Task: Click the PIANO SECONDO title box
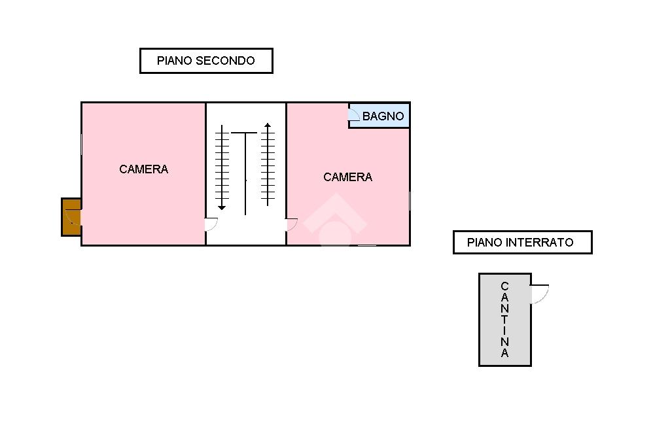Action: (206, 61)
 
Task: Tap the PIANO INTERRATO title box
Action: (522, 242)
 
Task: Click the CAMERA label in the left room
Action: (144, 169)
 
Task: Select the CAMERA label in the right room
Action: (348, 177)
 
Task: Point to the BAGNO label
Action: (383, 116)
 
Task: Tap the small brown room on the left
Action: (71, 216)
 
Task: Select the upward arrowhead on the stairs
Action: (268, 125)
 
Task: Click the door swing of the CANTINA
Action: (540, 294)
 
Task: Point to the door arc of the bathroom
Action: (354, 116)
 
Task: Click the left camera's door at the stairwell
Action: (211, 224)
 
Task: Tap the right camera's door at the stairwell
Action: (292, 224)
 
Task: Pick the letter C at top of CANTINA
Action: (504, 286)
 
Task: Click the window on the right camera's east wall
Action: (410, 201)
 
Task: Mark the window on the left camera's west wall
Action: (81, 144)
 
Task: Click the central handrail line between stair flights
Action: (245, 173)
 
